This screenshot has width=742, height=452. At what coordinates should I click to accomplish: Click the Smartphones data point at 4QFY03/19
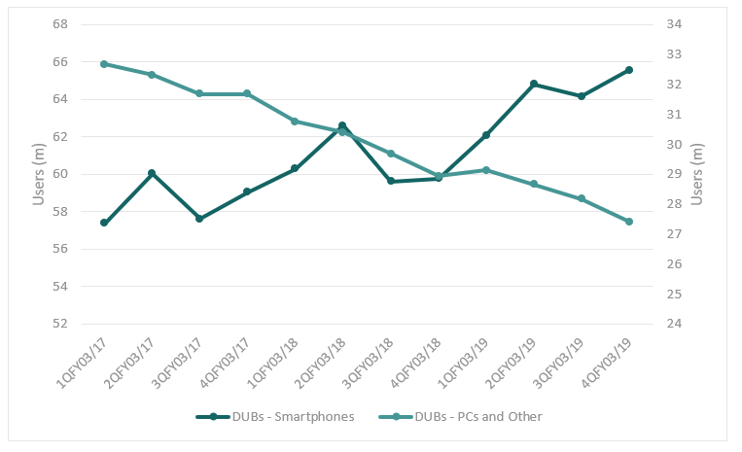click(629, 70)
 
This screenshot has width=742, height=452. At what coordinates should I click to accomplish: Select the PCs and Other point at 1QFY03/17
click(104, 64)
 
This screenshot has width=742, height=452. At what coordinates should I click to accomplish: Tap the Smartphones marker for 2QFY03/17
click(152, 173)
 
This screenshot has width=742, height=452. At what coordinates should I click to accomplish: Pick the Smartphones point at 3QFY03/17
click(199, 219)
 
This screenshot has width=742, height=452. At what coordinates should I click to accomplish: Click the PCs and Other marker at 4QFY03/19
click(629, 222)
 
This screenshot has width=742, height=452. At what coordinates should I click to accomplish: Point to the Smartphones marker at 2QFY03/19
click(534, 84)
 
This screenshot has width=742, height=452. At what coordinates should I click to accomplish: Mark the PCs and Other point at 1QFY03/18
click(295, 122)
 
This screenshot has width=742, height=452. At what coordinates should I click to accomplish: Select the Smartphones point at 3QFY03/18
click(391, 181)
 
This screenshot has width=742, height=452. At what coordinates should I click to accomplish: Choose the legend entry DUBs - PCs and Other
click(477, 417)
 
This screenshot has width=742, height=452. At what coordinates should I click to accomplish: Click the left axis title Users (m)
click(39, 174)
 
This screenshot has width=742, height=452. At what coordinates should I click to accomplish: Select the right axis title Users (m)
click(696, 174)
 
